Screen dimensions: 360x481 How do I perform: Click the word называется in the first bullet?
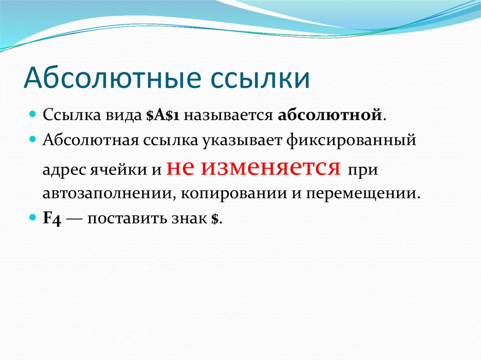click(x=228, y=115)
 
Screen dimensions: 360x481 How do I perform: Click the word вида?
click(x=124, y=115)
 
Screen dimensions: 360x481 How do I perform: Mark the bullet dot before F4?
click(x=33, y=218)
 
